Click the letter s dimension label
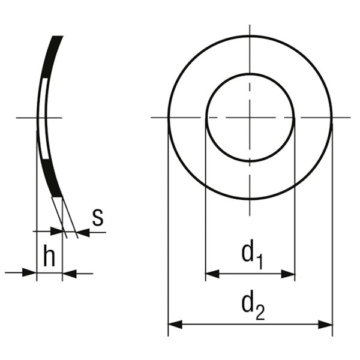[x=98, y=217]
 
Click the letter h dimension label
[x=49, y=256]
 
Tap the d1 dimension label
[x=252, y=254]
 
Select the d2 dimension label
[x=253, y=305]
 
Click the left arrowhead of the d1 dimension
[x=212, y=274]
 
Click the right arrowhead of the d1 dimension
[x=288, y=274]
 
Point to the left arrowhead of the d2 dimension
[x=175, y=325]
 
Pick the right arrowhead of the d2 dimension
[x=326, y=325]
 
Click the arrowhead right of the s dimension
[x=83, y=232]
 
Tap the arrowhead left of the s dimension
[x=56, y=231]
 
